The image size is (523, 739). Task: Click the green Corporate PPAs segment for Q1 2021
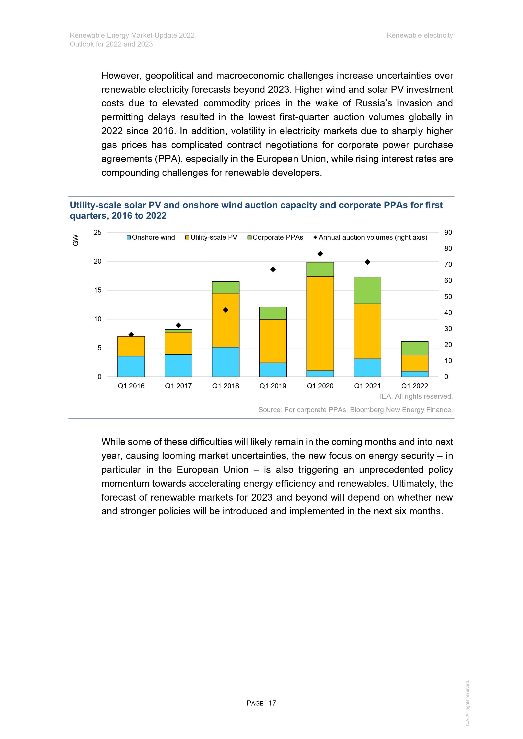(x=367, y=290)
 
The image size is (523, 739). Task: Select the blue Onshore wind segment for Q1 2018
(x=226, y=362)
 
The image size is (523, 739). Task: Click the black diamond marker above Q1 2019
(x=273, y=269)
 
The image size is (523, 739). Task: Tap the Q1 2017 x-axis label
(x=178, y=386)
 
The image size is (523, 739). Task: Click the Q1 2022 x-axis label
(x=414, y=386)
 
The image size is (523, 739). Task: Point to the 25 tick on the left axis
(x=98, y=232)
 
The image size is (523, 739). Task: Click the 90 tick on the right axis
(x=448, y=232)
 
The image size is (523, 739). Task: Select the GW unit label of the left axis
(x=75, y=240)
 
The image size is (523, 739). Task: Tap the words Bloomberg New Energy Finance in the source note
(x=401, y=410)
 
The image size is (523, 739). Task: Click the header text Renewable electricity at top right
(x=419, y=35)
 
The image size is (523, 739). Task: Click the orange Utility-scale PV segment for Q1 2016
(x=131, y=346)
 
